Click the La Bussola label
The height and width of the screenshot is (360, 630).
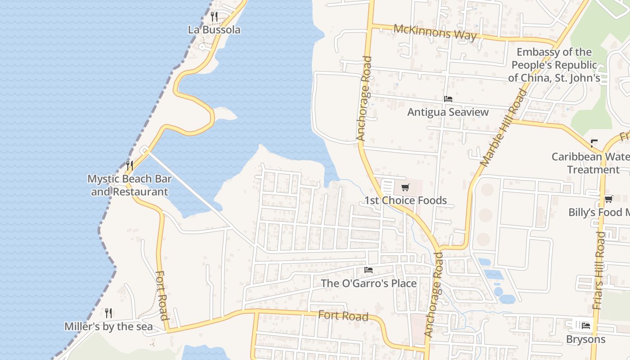tap(214, 30)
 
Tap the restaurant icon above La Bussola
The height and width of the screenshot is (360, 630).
tap(214, 17)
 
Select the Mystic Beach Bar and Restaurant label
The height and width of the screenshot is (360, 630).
tap(130, 185)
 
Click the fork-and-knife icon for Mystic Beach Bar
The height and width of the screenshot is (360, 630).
tap(130, 165)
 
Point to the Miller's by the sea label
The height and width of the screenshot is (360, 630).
tap(108, 327)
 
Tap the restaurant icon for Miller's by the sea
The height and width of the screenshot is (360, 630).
tap(108, 313)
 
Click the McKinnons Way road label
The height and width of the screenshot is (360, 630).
tap(435, 32)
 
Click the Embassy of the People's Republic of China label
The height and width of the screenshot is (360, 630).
tap(554, 65)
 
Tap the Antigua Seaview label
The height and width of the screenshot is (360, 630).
tap(448, 112)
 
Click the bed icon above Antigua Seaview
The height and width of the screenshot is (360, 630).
tap(448, 99)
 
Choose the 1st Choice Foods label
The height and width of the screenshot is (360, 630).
tap(405, 201)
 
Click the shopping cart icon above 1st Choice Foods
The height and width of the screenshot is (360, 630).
tap(405, 187)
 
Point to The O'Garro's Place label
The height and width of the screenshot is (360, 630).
tap(369, 283)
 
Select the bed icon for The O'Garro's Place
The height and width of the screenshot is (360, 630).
tap(369, 270)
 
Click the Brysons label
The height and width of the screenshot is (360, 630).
tap(585, 339)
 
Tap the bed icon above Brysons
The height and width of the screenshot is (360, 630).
tap(585, 325)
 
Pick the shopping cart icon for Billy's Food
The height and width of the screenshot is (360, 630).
tap(608, 199)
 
